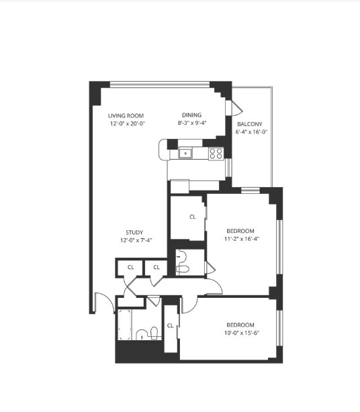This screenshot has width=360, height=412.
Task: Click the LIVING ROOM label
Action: [126, 115]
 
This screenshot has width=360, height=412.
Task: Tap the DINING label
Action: [191, 115]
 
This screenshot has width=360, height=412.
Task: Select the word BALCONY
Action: [250, 124]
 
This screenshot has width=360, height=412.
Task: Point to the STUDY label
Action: [134, 232]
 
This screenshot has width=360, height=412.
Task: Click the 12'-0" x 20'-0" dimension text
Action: [128, 123]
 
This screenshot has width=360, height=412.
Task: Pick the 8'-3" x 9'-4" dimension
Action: [192, 123]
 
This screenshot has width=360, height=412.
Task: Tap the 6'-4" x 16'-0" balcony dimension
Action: [251, 132]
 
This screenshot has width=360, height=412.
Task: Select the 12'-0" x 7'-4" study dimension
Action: [136, 240]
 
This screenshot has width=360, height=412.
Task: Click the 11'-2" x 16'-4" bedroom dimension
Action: [242, 239]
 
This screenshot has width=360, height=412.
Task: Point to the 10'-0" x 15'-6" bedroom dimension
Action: [242, 333]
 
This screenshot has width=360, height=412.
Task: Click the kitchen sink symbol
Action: [185, 153]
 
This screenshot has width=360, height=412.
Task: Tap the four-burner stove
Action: [216, 154]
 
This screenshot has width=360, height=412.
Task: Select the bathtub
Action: [125, 325]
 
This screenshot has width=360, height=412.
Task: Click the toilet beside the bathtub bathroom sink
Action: [154, 333]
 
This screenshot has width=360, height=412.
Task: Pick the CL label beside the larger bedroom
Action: [193, 217]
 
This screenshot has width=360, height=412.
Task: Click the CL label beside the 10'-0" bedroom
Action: [171, 325]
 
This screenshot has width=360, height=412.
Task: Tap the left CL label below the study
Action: [131, 267]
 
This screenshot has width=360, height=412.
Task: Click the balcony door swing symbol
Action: [236, 108]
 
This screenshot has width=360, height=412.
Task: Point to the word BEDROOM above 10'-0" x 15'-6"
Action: [240, 325]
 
